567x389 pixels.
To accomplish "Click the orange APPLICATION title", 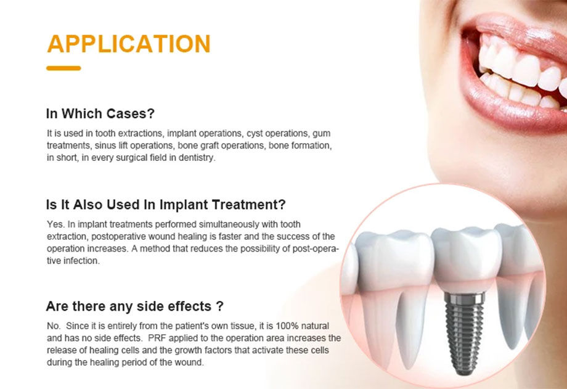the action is click(129, 44).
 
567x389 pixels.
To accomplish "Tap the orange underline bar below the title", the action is click(63, 68).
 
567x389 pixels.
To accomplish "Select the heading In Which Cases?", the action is click(100, 113).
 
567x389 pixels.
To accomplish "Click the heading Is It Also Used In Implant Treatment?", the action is click(166, 205).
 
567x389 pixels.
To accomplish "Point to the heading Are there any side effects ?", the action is click(134, 306).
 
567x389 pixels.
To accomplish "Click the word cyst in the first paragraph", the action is click(255, 134).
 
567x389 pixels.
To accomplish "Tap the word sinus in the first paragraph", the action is click(105, 145).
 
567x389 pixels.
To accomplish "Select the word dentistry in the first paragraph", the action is click(197, 158).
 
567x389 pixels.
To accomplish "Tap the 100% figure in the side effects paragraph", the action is click(287, 326).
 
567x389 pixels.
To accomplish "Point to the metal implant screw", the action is click(464, 334).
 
